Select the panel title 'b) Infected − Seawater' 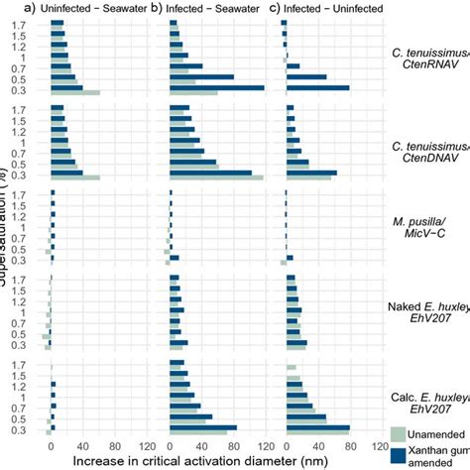click(211, 8)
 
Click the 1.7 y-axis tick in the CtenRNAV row click(33, 23)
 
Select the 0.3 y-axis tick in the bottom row click(33, 429)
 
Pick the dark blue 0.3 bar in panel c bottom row click(317, 427)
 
